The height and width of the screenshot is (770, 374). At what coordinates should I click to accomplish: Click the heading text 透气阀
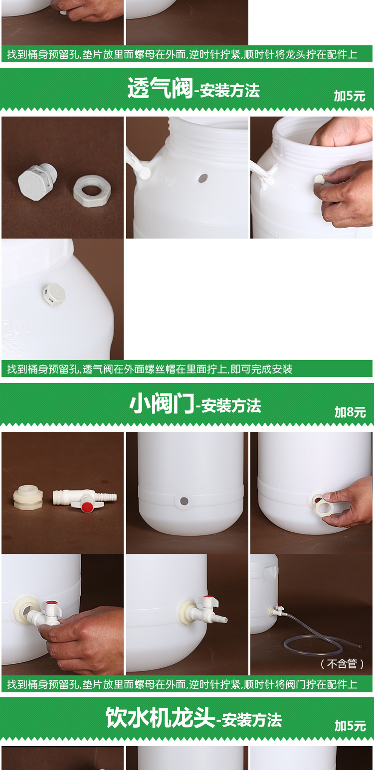pyautogui.click(x=160, y=89)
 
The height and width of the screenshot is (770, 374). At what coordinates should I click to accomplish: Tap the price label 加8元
pyautogui.click(x=350, y=412)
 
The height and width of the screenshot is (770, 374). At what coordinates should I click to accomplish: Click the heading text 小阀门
pyautogui.click(x=161, y=404)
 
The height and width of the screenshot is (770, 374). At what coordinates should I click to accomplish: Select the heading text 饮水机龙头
pyautogui.click(x=160, y=718)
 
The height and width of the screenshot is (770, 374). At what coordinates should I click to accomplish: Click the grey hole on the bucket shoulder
pyautogui.click(x=202, y=178)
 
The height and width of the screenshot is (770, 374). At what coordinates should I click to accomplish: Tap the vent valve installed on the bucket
pyautogui.click(x=53, y=294)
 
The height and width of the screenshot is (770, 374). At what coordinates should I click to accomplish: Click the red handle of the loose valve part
pyautogui.click(x=87, y=507)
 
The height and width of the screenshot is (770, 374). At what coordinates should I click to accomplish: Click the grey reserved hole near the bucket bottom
pyautogui.click(x=184, y=501)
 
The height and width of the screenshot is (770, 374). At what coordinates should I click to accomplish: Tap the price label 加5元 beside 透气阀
pyautogui.click(x=350, y=96)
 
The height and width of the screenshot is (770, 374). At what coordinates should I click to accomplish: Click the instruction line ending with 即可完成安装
pyautogui.click(x=150, y=369)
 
